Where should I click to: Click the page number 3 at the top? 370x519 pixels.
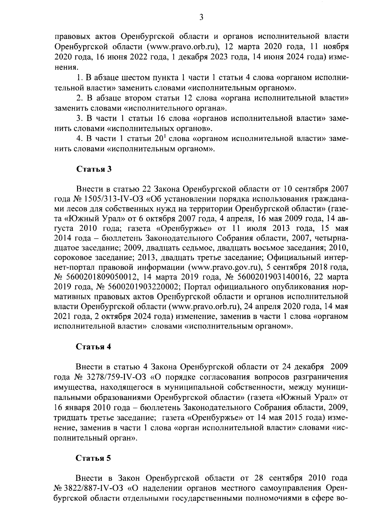pos(201,18)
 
